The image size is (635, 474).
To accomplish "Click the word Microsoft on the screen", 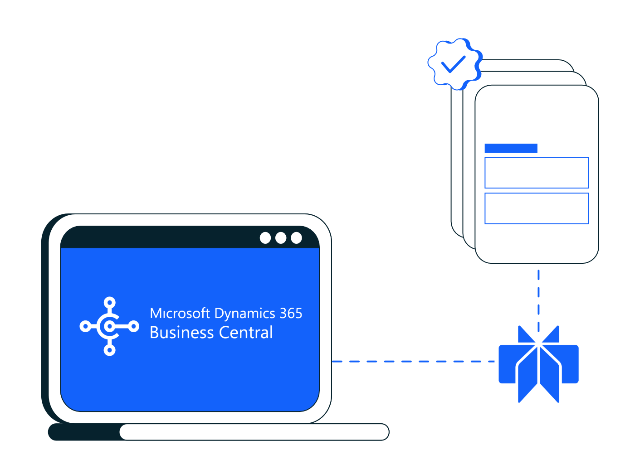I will click(180, 314).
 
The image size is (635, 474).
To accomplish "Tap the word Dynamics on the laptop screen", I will click(244, 314).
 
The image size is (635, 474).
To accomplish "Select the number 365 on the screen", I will click(291, 313).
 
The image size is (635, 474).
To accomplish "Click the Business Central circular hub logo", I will click(109, 326).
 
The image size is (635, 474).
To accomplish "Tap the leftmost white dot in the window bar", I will click(265, 238).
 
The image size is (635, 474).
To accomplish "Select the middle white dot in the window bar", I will click(281, 238).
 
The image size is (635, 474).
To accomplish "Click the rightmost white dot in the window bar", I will click(296, 238).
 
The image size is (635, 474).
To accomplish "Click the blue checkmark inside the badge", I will click(453, 64).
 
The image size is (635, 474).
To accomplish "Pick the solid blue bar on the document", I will click(511, 148).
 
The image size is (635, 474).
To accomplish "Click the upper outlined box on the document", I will click(537, 173).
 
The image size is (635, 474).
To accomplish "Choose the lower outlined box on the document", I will click(537, 208).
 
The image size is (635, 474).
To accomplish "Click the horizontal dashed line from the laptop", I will click(413, 361).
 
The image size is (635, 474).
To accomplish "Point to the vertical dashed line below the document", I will click(538, 295).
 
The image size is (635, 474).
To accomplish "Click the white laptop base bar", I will click(254, 432).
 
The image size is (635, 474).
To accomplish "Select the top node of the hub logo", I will click(109, 302).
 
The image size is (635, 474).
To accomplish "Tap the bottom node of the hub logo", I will click(109, 350).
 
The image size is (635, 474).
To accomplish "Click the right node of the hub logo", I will click(134, 326).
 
